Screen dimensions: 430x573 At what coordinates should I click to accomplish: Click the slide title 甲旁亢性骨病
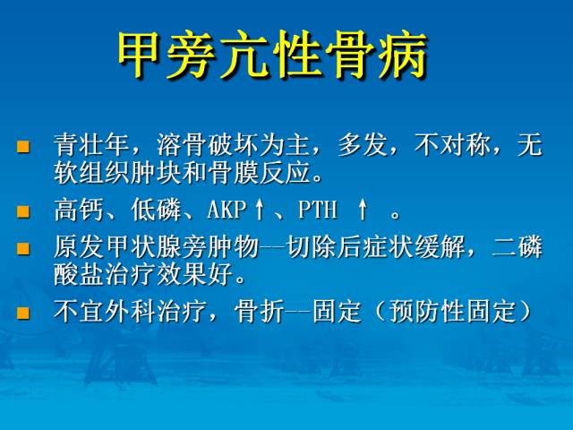273,56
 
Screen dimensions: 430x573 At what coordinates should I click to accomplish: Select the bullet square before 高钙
24,212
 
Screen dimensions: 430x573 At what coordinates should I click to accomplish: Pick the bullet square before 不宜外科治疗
24,313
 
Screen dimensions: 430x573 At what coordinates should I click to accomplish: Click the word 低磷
155,211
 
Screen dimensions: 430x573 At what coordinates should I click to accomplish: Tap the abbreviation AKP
227,211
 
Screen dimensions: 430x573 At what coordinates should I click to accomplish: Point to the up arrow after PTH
363,211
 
